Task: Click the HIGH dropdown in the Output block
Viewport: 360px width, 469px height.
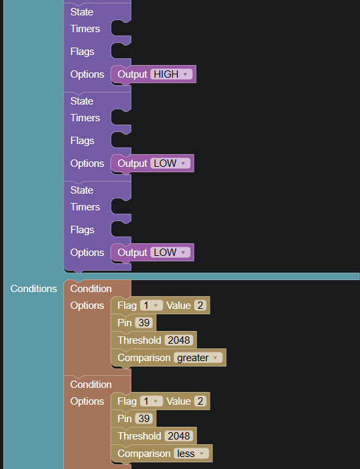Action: [x=171, y=74]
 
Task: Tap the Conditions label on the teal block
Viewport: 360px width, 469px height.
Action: [x=34, y=289]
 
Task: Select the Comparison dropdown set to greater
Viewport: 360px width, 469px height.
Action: [x=198, y=358]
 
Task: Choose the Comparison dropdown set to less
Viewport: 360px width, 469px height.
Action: [x=191, y=454]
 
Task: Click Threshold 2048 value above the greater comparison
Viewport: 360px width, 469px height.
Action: [x=178, y=340]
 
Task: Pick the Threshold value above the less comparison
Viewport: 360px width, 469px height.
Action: [x=178, y=436]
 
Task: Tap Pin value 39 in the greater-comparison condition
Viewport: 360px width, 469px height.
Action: [x=144, y=323]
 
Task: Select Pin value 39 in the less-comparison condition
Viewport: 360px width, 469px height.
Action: [x=144, y=419]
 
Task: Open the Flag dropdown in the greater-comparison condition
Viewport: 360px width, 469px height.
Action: [x=152, y=306]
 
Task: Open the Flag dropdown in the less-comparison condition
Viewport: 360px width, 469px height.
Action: [x=152, y=401]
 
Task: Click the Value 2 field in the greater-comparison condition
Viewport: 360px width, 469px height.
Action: [x=200, y=306]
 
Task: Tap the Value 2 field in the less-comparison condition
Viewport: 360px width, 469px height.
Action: [x=200, y=401]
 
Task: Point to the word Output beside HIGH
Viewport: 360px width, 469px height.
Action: [x=132, y=74]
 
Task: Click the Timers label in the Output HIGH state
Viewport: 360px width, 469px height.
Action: [x=85, y=29]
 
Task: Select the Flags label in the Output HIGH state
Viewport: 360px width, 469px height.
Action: [x=82, y=52]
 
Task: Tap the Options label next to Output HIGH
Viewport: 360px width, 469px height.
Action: [x=87, y=74]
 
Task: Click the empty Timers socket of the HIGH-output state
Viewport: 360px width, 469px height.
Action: [x=121, y=29]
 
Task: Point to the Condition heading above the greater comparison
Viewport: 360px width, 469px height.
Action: [x=91, y=289]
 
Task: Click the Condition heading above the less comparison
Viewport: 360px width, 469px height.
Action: [x=91, y=385]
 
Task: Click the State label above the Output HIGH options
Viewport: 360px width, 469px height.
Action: [x=82, y=12]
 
